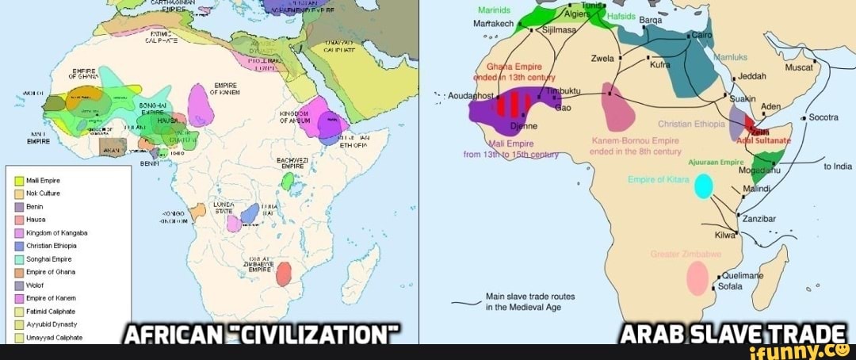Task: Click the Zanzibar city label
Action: click(759, 218)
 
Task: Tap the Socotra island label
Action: click(824, 117)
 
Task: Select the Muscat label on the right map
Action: click(799, 67)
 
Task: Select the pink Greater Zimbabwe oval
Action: click(697, 278)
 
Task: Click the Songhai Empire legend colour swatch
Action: click(19, 259)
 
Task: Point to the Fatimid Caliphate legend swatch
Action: click(19, 312)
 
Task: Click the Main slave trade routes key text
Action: click(530, 301)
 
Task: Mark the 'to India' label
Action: click(837, 167)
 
